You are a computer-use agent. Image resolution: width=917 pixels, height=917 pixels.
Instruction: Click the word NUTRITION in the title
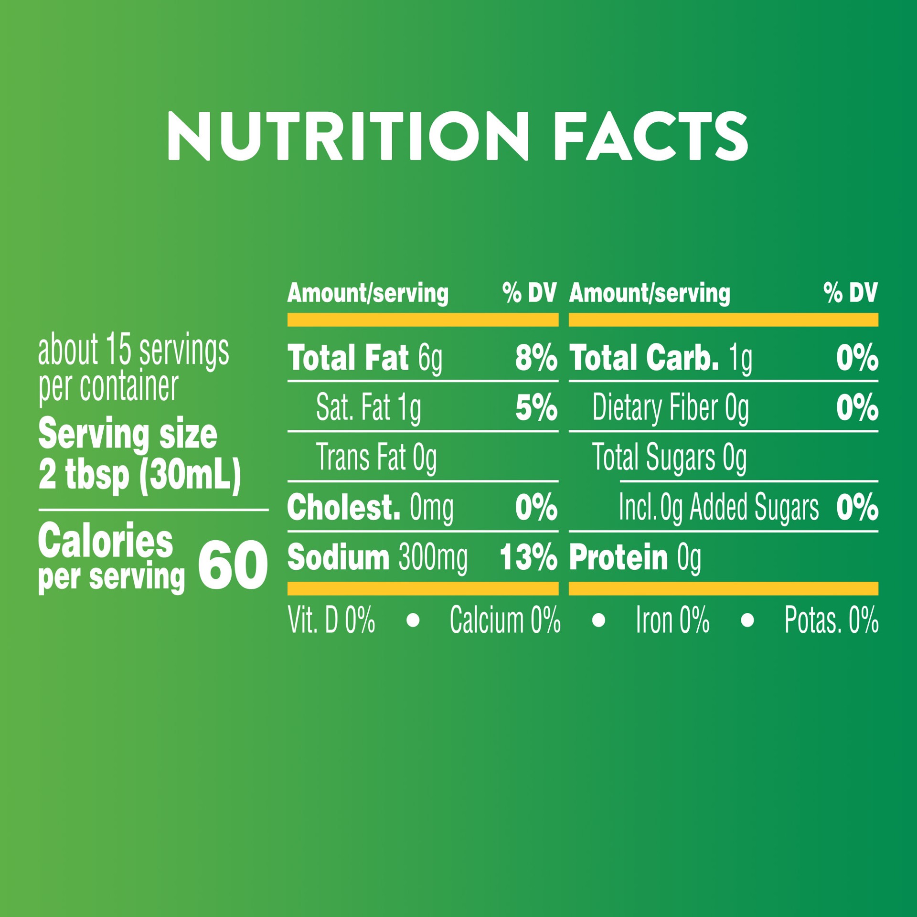point(348,137)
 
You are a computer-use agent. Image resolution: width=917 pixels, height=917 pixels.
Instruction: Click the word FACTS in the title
point(650,137)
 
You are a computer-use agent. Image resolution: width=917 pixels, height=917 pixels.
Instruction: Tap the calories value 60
point(233,566)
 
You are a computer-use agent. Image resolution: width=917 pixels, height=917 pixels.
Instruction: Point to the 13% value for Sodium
point(528,557)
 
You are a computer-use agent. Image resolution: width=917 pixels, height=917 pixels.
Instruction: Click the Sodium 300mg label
point(377,557)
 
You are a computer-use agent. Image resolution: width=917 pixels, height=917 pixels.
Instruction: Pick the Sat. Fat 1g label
point(368,408)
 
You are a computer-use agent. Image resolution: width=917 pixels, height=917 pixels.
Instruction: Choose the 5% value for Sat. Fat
point(536,408)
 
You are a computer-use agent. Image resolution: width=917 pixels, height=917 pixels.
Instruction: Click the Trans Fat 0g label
point(376,458)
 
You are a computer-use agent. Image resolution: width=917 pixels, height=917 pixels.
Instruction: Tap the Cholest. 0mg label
point(370,508)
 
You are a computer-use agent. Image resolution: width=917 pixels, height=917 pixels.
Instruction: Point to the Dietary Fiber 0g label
point(671,408)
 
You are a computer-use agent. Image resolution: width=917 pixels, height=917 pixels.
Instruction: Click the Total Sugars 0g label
point(669,458)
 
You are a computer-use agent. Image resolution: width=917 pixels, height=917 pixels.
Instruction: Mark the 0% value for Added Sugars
point(857,508)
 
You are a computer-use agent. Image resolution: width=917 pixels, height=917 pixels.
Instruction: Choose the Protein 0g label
point(635,557)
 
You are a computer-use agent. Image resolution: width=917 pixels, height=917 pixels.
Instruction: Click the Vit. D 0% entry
point(331,620)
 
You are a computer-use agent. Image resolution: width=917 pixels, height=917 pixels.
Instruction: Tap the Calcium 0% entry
point(505,620)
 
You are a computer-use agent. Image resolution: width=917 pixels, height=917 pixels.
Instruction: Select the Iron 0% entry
point(672,620)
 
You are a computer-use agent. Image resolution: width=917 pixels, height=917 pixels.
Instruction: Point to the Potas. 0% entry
point(831,620)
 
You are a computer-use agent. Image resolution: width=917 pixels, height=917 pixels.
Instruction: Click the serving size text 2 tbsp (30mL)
point(139,475)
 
